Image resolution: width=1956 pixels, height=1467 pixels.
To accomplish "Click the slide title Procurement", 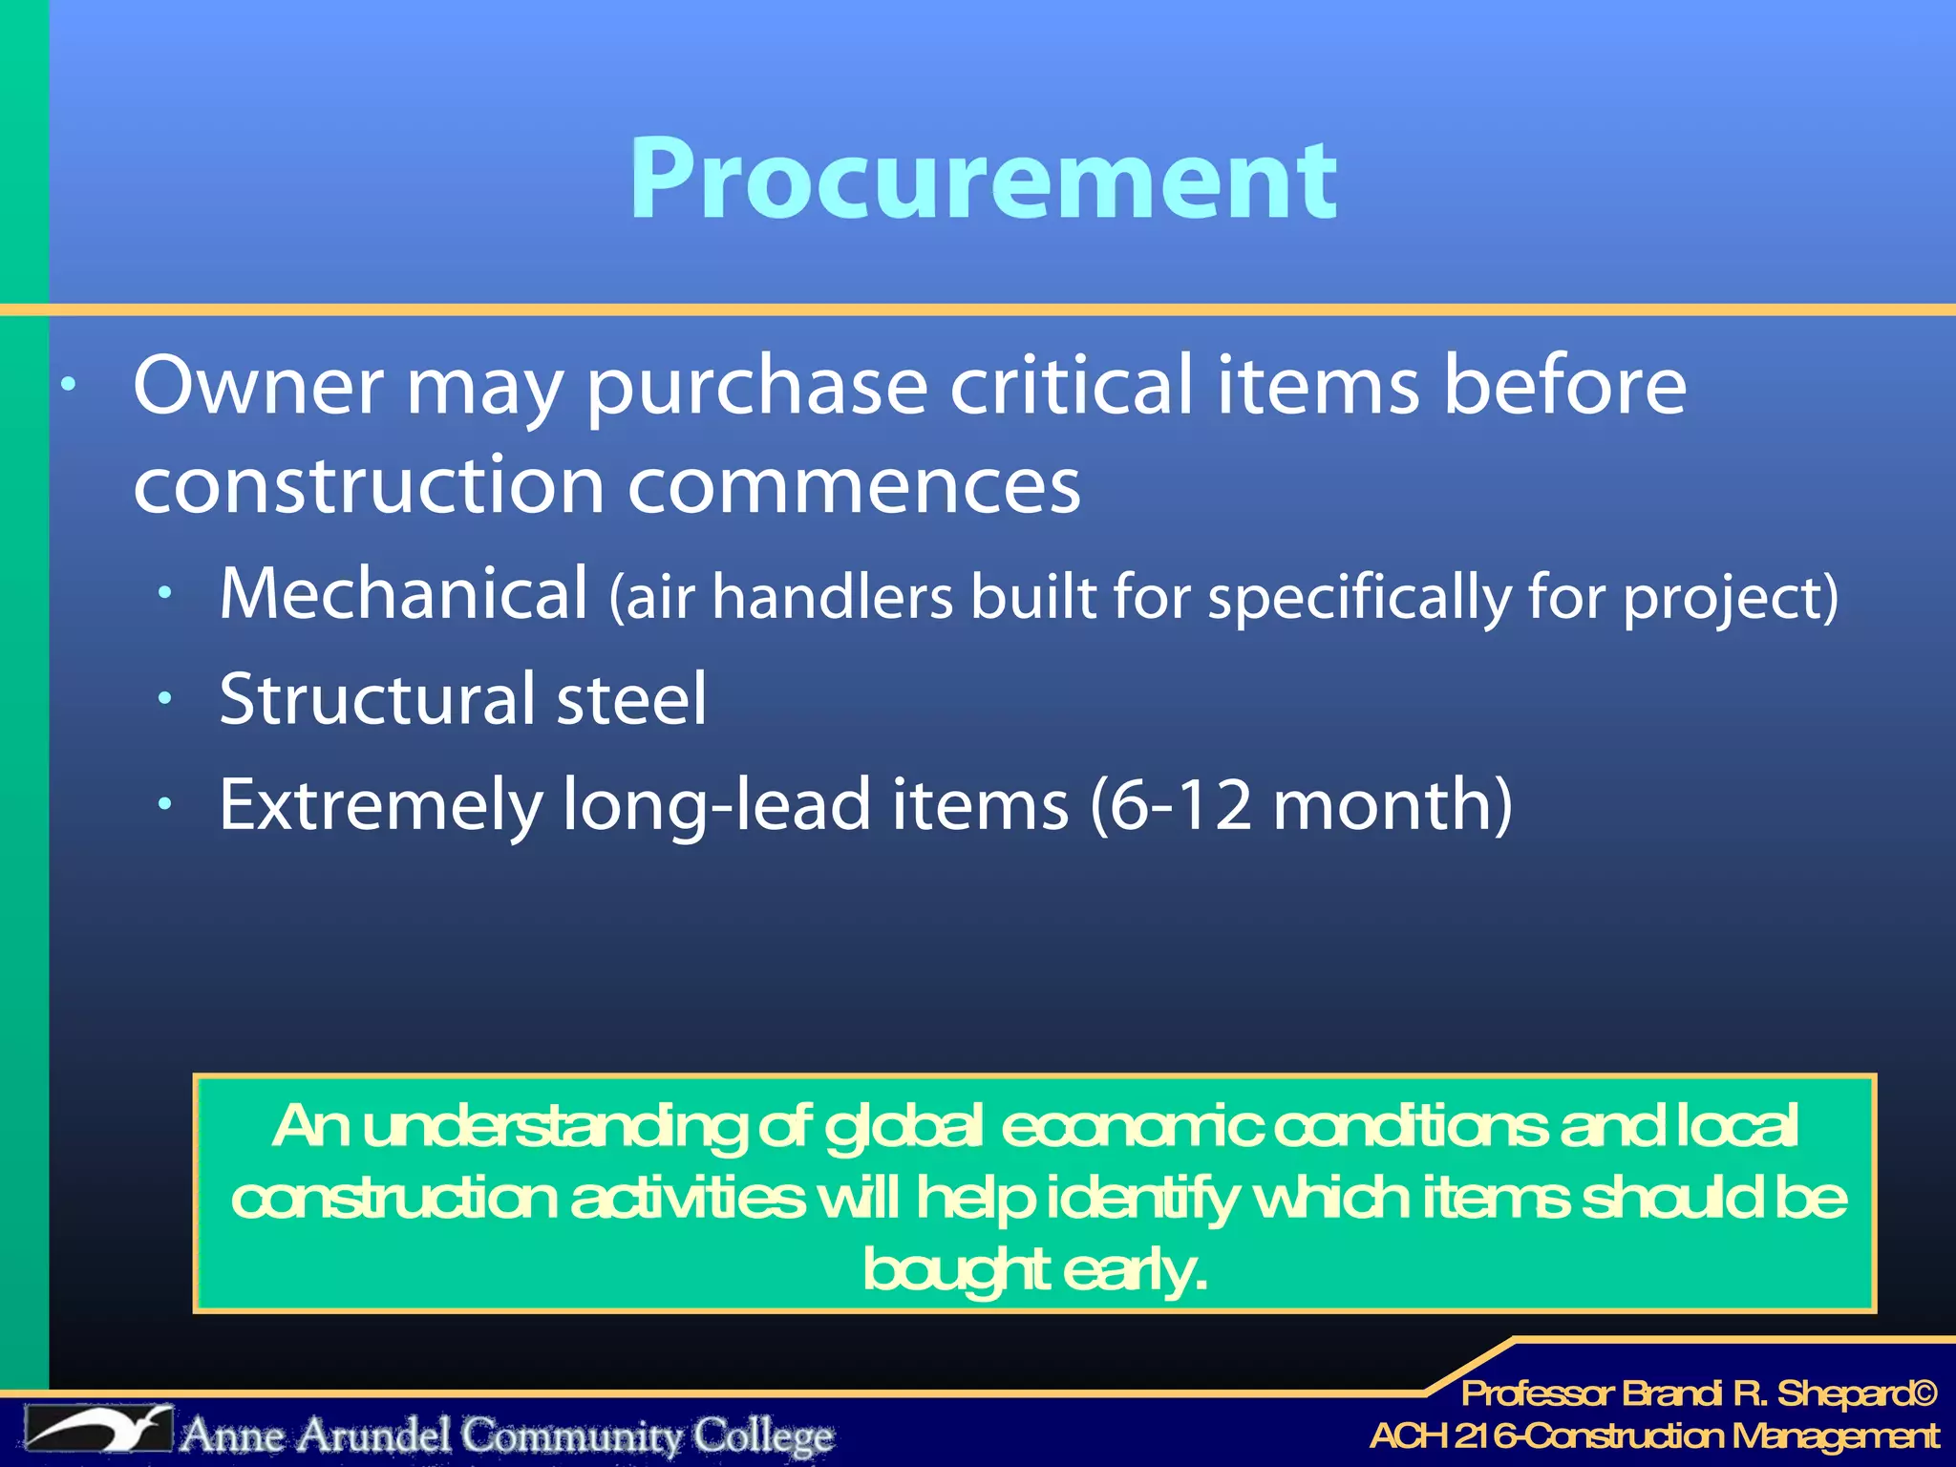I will pos(983,179).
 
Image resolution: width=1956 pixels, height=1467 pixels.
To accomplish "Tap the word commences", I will pos(854,485).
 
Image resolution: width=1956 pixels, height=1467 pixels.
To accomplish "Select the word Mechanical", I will pos(403,594).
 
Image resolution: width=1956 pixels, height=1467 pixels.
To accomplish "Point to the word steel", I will pos(631,699).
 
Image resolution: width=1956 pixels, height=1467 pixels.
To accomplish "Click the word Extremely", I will pos(380,805).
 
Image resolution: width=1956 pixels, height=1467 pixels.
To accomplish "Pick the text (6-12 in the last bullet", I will pos(1171,805).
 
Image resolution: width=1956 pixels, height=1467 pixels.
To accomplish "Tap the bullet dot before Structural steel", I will pos(165,699).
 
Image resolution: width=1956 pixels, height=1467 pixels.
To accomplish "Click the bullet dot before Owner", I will pos(68,386).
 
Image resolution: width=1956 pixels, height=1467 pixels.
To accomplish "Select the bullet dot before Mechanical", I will pos(165,594).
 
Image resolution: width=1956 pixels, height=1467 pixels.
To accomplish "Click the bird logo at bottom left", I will pos(98,1430).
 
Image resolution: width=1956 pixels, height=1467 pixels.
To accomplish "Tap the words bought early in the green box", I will pos(1035,1270).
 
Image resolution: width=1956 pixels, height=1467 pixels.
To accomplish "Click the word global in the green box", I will pos(903,1126).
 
